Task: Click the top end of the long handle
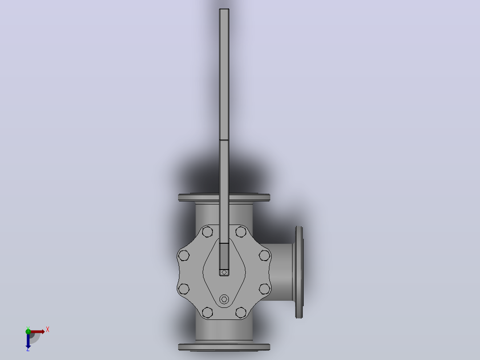[x=224, y=9]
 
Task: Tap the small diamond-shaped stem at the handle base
[x=224, y=272]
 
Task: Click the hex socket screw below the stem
[x=224, y=299]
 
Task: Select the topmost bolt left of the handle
[x=207, y=232]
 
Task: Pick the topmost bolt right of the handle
[x=241, y=232]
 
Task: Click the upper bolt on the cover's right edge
[x=264, y=255]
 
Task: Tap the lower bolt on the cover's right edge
[x=264, y=289]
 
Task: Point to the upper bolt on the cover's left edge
[x=183, y=255]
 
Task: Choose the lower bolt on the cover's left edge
[x=183, y=289]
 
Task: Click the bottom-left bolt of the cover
[x=207, y=312]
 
